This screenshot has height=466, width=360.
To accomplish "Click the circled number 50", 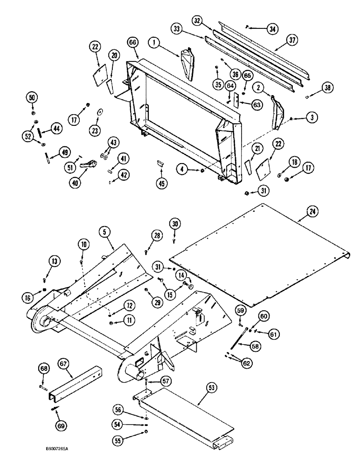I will (x=33, y=98).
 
